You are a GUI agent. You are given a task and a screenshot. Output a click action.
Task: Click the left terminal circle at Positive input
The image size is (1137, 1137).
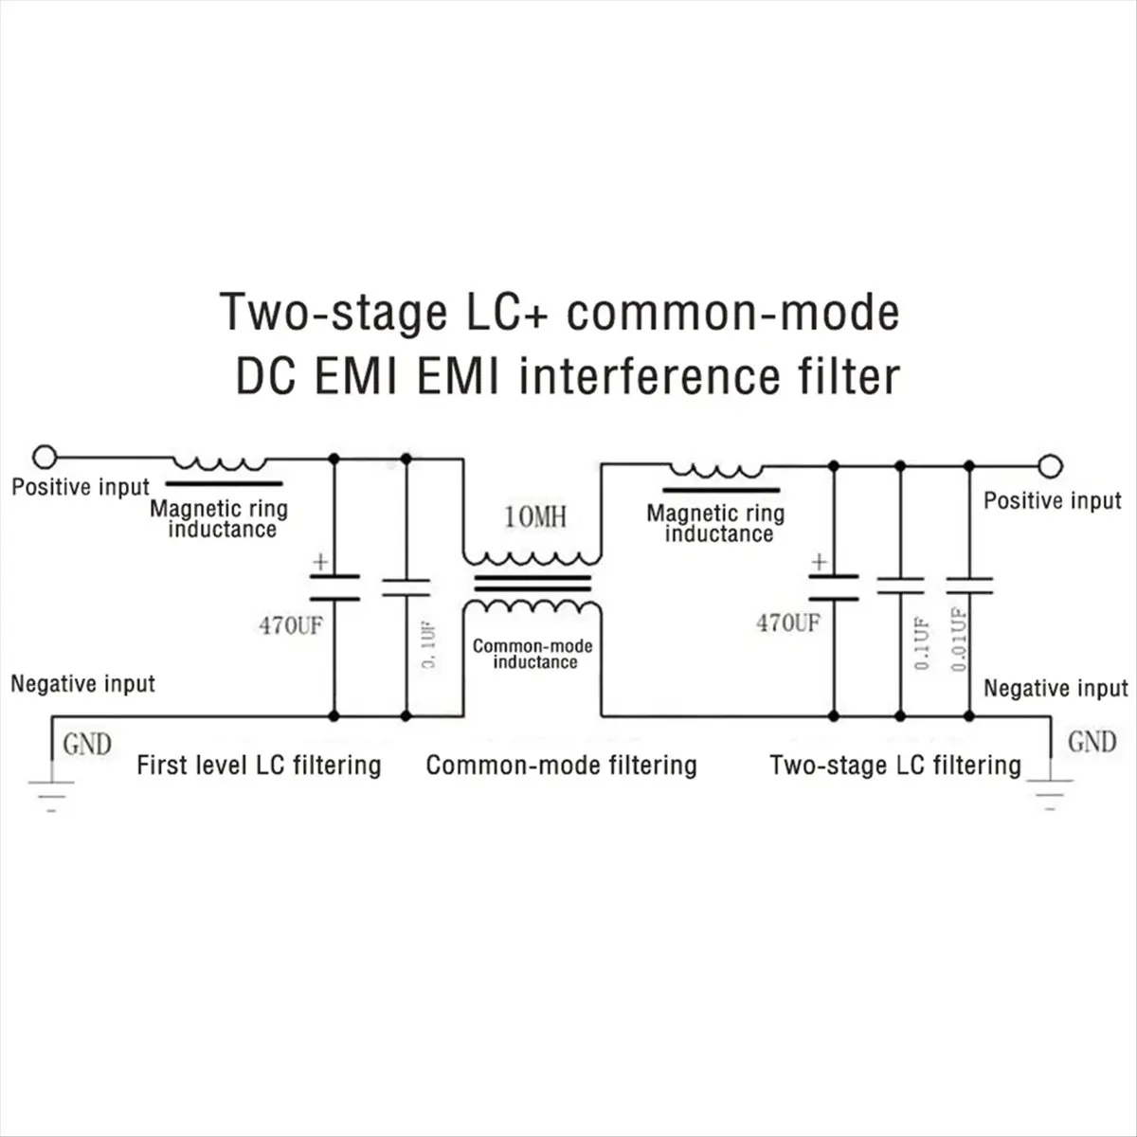click(44, 458)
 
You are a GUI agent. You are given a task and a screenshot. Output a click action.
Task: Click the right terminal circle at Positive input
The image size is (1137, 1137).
click(1049, 466)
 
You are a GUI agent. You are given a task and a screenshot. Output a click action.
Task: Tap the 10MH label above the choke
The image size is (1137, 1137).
click(535, 517)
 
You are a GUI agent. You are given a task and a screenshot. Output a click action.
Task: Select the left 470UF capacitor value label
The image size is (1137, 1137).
click(291, 626)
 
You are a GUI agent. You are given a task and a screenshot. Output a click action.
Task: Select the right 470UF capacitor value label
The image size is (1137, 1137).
click(787, 623)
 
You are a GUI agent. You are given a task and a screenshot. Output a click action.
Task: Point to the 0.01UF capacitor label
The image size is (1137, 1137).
click(960, 639)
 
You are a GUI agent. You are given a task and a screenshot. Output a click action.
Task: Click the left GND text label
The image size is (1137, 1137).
click(87, 745)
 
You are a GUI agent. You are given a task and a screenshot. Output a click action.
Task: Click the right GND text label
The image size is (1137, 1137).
click(1092, 742)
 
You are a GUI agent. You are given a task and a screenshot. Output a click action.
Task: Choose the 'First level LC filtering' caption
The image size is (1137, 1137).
click(259, 766)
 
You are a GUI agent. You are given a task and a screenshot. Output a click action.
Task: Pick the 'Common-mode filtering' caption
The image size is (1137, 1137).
click(561, 766)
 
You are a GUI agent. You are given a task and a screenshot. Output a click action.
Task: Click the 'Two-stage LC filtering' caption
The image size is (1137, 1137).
click(895, 766)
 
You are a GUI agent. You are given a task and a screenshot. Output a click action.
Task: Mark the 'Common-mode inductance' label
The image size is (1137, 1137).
click(533, 654)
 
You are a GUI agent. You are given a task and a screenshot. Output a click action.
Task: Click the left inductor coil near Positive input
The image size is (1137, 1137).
click(220, 463)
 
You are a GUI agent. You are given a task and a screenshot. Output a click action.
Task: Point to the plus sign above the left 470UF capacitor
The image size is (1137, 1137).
click(320, 562)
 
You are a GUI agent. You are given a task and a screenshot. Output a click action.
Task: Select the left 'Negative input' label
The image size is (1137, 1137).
click(82, 684)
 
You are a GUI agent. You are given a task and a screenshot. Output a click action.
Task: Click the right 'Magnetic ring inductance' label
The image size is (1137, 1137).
click(716, 523)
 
